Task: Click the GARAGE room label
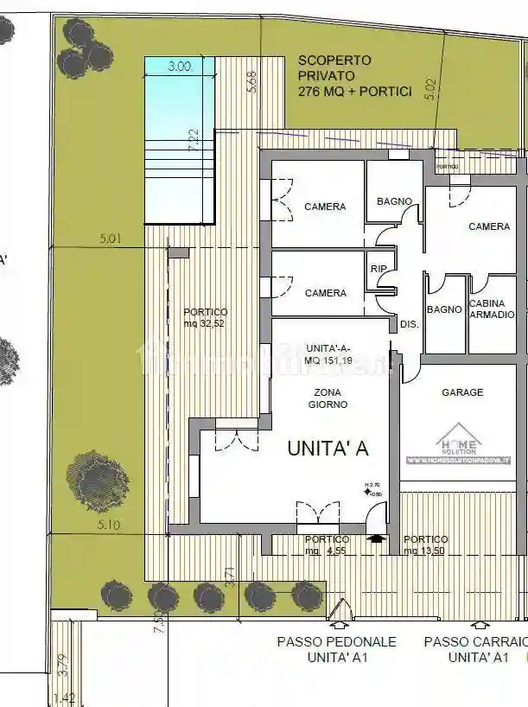click(462, 392)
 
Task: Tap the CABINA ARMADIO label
click(493, 309)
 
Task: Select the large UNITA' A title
click(328, 448)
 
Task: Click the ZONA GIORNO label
click(330, 398)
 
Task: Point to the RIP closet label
click(379, 269)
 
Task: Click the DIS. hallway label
click(409, 325)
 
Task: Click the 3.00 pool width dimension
click(179, 66)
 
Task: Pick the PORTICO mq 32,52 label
click(206, 317)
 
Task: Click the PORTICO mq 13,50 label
click(425, 545)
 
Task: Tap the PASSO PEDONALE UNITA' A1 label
click(336, 649)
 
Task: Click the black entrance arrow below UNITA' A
click(373, 537)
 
